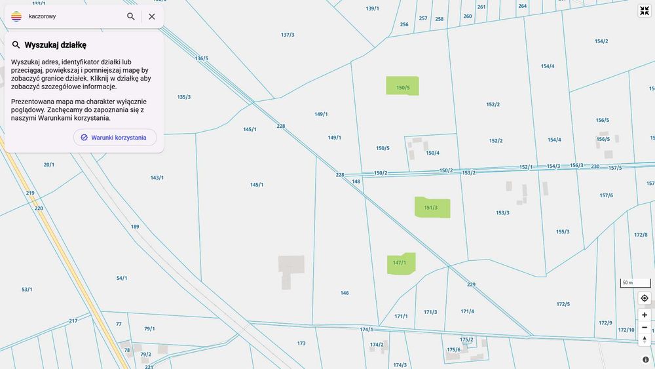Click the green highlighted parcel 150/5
[x=402, y=86]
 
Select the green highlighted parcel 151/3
[x=432, y=208]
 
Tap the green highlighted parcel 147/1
[x=401, y=263]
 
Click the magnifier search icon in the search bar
[x=131, y=16]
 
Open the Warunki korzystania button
[x=115, y=138]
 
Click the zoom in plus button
[x=645, y=315]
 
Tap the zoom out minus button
[x=645, y=327]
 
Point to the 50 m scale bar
[x=635, y=283]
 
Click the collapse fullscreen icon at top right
[x=645, y=10]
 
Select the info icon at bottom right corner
[x=645, y=359]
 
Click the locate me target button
[x=645, y=298]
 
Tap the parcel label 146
[x=345, y=293]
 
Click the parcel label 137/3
[x=288, y=35]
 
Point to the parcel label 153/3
[x=502, y=212]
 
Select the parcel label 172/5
[x=563, y=304]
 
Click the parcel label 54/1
[x=122, y=278]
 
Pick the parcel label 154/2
[x=601, y=41]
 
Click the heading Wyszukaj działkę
[x=56, y=45]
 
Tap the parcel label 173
[x=301, y=343]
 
